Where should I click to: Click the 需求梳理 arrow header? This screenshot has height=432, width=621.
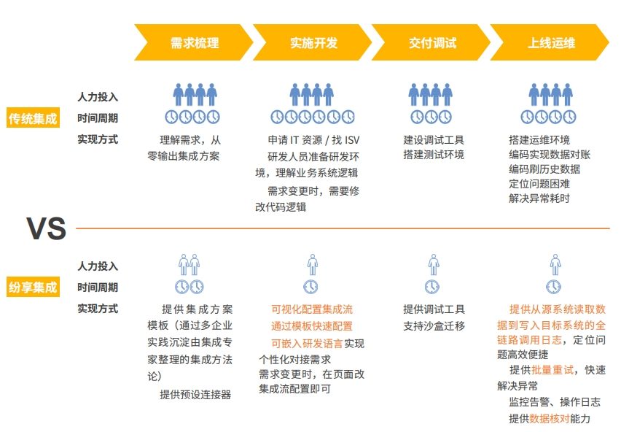pos(194,42)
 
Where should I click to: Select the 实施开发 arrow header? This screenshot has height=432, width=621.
pos(313,42)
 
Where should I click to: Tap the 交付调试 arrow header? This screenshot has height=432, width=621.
pos(431,42)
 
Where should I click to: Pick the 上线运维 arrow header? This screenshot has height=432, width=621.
pos(550,42)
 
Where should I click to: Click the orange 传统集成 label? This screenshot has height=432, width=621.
pos(33,117)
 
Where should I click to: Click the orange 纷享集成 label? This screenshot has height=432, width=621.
pos(33,287)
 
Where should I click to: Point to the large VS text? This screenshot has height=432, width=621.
pos(47,228)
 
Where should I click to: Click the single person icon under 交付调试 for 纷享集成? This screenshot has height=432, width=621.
pos(434,265)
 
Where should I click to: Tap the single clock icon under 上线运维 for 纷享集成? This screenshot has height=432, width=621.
pos(554,287)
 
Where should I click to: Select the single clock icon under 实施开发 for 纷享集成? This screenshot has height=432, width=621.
pos(311,287)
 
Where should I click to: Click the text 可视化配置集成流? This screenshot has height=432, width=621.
pos(312,309)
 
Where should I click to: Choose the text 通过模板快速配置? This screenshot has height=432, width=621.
pos(312,326)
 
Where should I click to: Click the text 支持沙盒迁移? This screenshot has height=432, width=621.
pos(434,326)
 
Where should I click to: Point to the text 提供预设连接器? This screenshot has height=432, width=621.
pos(195,395)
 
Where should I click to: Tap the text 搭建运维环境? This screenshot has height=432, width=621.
pos(539,140)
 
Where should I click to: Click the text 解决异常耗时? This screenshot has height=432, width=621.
pos(539,198)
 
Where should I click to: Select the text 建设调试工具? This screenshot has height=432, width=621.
pos(434,140)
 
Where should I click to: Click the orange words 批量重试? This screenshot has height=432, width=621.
pos(552,370)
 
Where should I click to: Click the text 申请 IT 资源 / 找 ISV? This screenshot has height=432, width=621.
pos(313,140)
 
